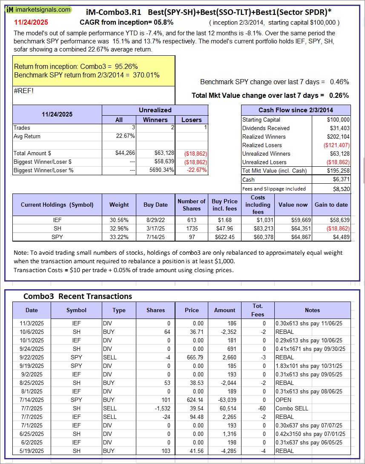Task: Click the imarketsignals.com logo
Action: [x=39, y=9]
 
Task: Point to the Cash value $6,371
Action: [x=341, y=180]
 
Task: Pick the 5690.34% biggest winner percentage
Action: [x=158, y=170]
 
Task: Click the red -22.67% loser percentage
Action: [x=197, y=170]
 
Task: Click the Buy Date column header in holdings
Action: [x=155, y=205]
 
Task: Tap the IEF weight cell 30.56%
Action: [x=119, y=220]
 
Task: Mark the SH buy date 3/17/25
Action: [x=155, y=228]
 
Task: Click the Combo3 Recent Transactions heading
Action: [x=78, y=296]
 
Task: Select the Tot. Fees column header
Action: [x=257, y=310]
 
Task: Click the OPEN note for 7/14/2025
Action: [x=283, y=400]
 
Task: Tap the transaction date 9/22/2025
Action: [x=32, y=357]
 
